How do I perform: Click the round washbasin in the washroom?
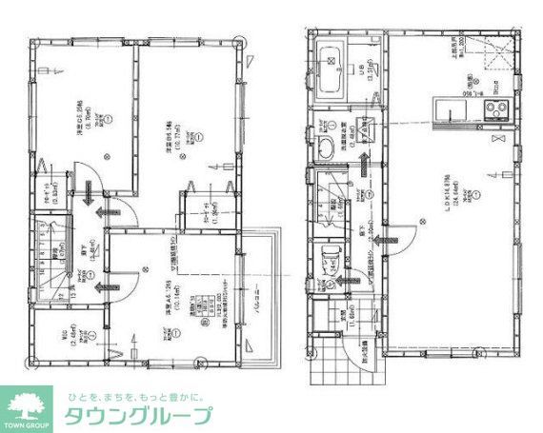(x=324, y=145)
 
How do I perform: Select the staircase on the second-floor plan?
(x=48, y=253)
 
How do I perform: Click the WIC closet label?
(x=84, y=333)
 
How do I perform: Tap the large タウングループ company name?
(x=139, y=416)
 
